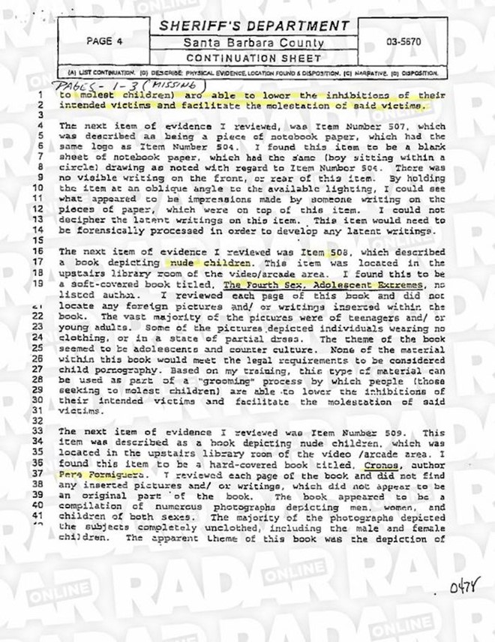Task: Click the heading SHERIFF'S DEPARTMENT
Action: [254, 27]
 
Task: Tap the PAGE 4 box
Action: [104, 42]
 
